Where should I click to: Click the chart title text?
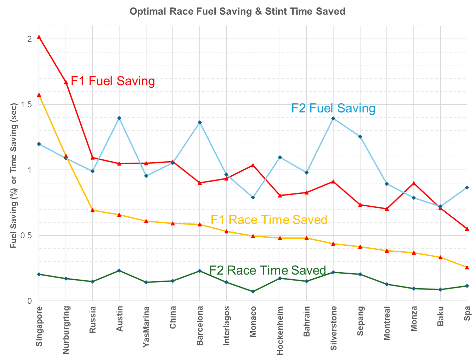[x=237, y=11]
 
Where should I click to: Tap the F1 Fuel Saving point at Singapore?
[x=39, y=37]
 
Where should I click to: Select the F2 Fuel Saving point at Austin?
[x=119, y=118]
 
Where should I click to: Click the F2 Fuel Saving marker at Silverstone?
[x=333, y=118]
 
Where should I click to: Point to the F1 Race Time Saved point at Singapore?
[x=39, y=95]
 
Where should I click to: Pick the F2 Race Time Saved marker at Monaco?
[x=253, y=292]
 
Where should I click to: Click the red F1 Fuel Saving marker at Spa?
[x=467, y=229]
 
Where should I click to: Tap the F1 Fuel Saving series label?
[x=113, y=81]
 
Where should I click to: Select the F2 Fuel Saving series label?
[x=333, y=108]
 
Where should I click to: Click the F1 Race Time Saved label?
[x=269, y=220]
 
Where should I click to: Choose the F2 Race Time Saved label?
[x=268, y=270]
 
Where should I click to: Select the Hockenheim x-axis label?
[x=280, y=330]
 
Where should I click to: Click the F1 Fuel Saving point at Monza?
[x=413, y=183]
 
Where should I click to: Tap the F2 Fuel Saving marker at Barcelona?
[x=200, y=122]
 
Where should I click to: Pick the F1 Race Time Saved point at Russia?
[x=93, y=210]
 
